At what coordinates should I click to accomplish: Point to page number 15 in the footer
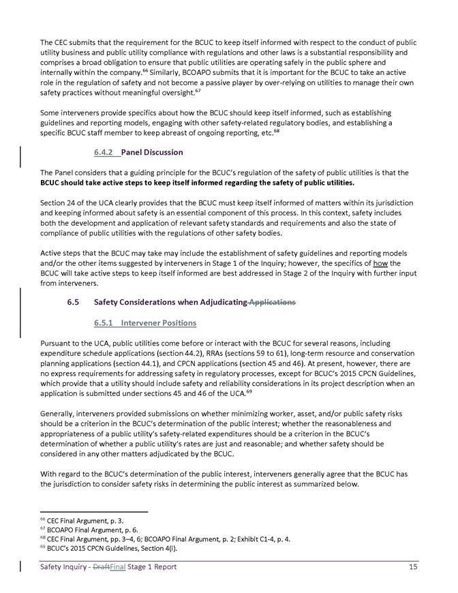[x=412, y=566]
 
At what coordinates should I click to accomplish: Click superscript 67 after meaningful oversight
[x=219, y=87]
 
